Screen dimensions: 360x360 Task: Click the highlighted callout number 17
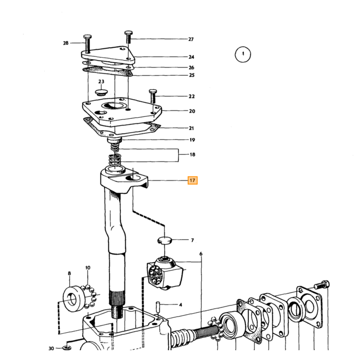point(192,180)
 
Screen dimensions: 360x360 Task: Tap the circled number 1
point(243,55)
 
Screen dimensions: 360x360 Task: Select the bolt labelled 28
point(87,44)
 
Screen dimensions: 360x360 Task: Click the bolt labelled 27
point(129,37)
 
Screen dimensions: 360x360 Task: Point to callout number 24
point(191,57)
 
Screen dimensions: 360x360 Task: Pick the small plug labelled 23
point(101,93)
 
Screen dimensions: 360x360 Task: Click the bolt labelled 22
point(153,96)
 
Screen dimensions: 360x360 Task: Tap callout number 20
point(192,111)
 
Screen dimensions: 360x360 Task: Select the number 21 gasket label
point(191,128)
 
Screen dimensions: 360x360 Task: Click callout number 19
point(192,140)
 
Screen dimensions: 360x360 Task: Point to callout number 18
point(192,154)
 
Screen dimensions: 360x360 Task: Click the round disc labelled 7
point(165,240)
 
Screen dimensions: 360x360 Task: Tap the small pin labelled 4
point(158,307)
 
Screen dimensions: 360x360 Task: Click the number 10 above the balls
point(88,268)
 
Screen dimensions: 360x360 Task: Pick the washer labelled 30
point(67,348)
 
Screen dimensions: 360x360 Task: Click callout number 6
point(201,254)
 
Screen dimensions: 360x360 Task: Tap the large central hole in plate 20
point(114,105)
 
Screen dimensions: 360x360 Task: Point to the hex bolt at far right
point(321,285)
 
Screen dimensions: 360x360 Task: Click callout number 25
point(191,75)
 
